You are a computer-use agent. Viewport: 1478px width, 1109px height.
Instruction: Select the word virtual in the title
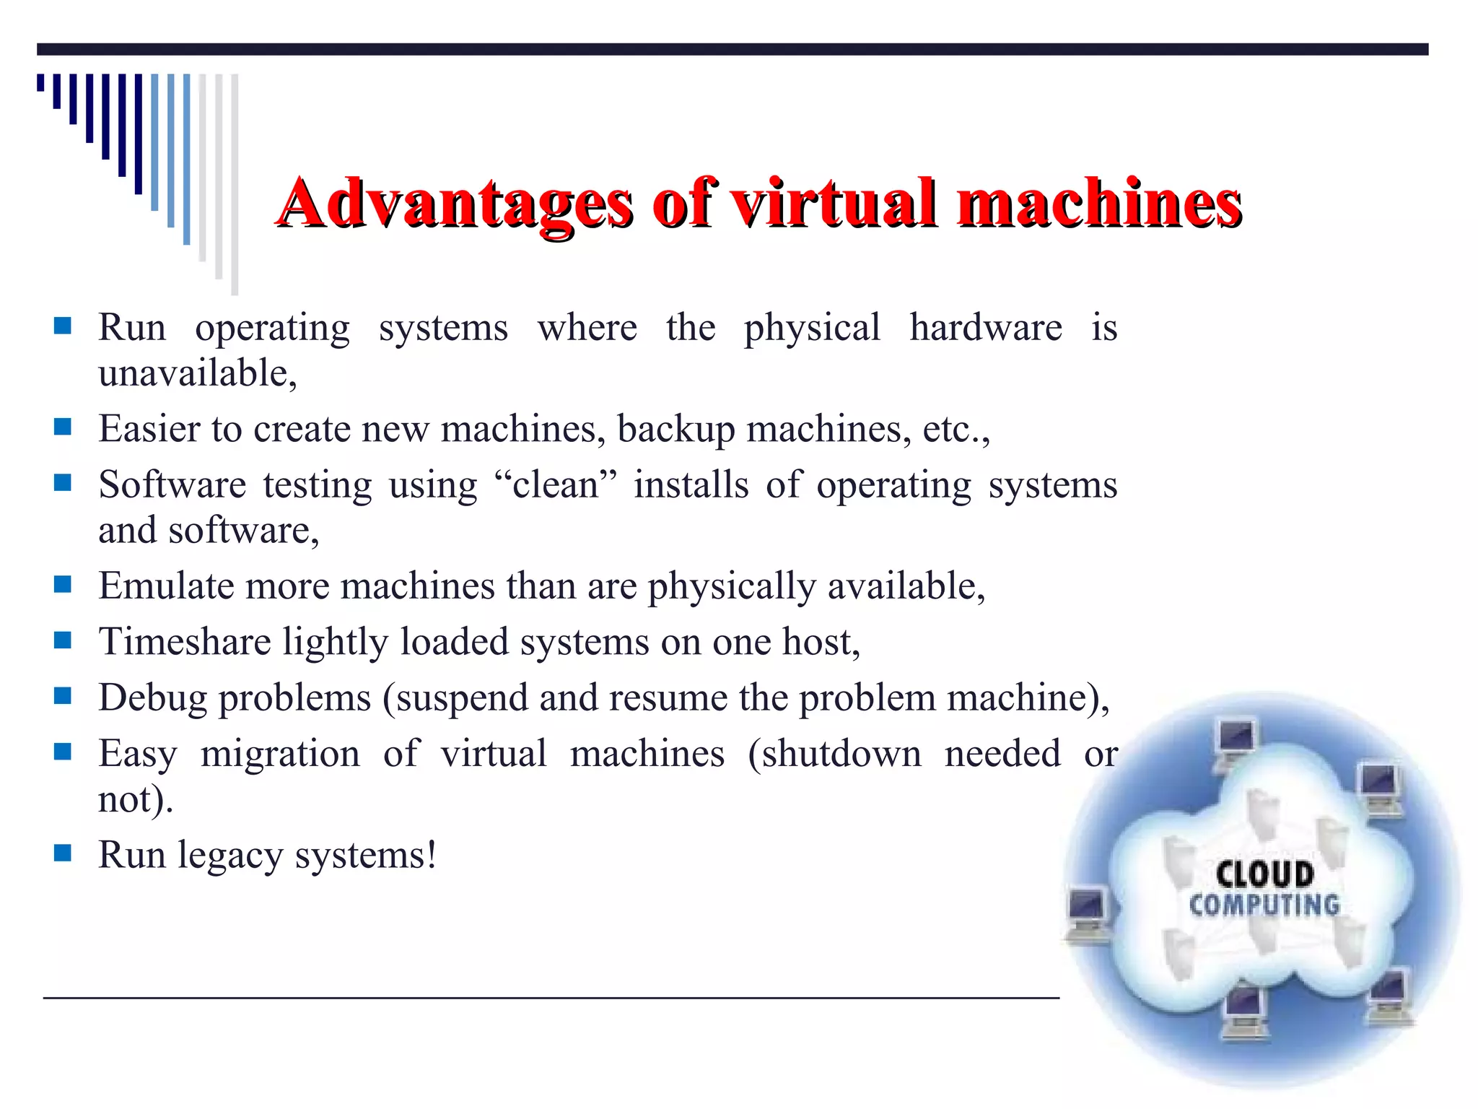click(x=834, y=204)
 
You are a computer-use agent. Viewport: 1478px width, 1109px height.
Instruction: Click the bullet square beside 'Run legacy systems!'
click(x=63, y=853)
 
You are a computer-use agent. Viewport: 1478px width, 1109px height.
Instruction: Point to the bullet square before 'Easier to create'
click(x=63, y=427)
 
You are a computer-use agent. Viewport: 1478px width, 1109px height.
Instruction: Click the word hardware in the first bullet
click(x=985, y=328)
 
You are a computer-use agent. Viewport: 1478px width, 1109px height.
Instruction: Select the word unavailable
click(x=197, y=374)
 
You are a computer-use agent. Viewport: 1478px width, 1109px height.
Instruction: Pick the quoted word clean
click(x=555, y=485)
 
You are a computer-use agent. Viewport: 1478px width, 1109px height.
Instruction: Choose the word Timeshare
click(x=185, y=642)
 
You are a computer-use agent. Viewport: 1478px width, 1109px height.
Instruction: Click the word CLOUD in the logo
click(x=1264, y=874)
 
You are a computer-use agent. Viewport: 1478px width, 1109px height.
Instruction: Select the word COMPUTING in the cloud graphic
click(x=1264, y=905)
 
